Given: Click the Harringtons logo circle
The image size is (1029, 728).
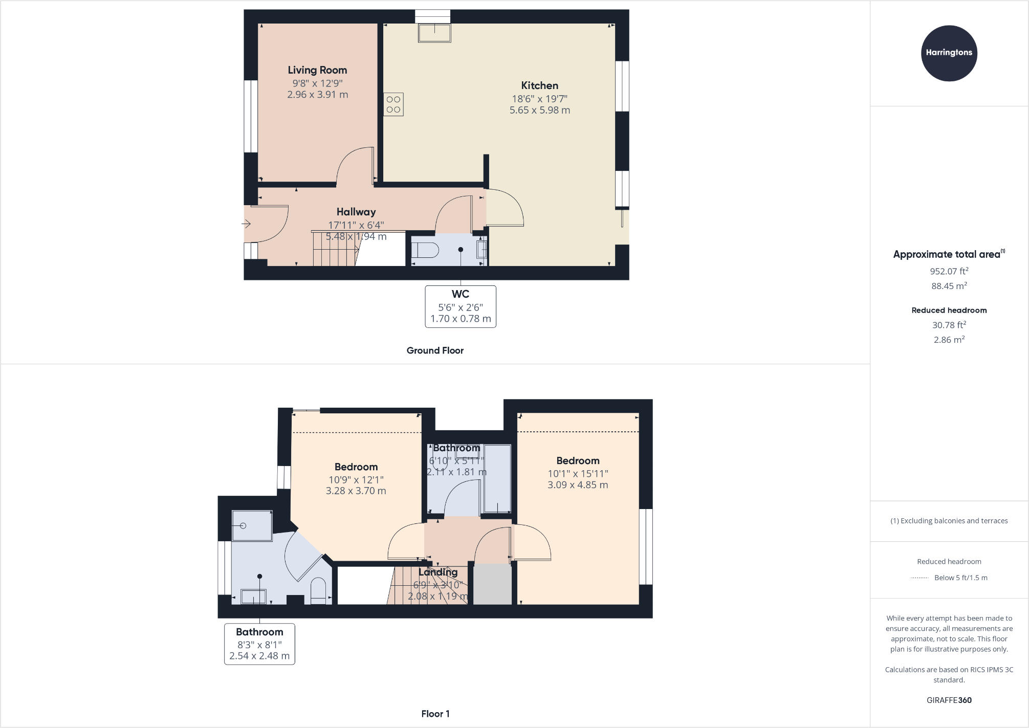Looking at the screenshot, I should click(949, 53).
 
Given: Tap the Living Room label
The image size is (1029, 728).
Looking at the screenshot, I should click(317, 70).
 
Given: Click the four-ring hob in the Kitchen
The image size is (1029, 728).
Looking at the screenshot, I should click(393, 104).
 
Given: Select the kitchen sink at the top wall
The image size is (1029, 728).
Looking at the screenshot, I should click(434, 33).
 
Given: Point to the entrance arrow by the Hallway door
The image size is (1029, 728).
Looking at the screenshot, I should click(246, 224).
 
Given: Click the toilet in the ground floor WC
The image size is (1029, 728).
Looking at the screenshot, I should click(426, 250).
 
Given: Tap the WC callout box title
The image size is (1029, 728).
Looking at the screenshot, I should click(460, 294).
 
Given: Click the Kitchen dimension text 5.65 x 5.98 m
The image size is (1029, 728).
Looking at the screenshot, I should click(539, 110).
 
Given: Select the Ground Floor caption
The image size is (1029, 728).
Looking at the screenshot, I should click(435, 350).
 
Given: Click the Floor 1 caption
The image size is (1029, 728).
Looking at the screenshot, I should click(435, 714).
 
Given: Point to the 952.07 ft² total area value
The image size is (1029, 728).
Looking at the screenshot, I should click(949, 271).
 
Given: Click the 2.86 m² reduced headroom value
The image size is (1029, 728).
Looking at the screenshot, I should click(949, 340).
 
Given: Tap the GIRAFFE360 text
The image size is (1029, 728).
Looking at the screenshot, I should click(949, 700).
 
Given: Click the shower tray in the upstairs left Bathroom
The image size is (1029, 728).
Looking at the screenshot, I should click(252, 525).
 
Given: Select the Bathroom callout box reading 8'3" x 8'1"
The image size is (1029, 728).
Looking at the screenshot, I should click(259, 644).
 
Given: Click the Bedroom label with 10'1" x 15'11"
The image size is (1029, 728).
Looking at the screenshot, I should click(578, 461).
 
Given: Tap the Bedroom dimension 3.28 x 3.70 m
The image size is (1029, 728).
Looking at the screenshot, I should click(356, 491).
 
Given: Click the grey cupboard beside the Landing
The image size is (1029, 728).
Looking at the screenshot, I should click(492, 584).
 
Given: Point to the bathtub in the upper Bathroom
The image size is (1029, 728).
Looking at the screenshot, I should click(497, 478).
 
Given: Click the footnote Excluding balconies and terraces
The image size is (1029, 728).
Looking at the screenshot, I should click(949, 521).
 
